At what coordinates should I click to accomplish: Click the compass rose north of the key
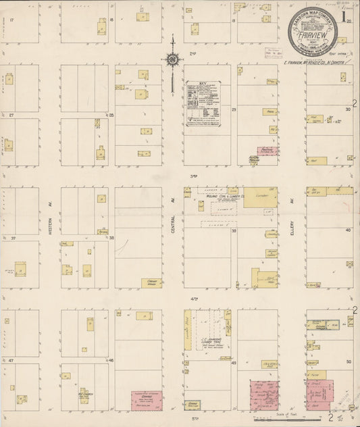[x=173, y=59]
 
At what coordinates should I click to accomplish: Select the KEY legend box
[x=204, y=103]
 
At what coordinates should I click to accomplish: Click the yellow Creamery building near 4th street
[x=151, y=283]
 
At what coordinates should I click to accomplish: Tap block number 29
[x=234, y=108]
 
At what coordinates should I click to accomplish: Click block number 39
[x=234, y=230]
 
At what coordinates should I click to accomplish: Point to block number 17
[x=12, y=20]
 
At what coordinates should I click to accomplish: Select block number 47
[x=12, y=361]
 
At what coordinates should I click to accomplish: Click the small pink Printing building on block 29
[x=267, y=152]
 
